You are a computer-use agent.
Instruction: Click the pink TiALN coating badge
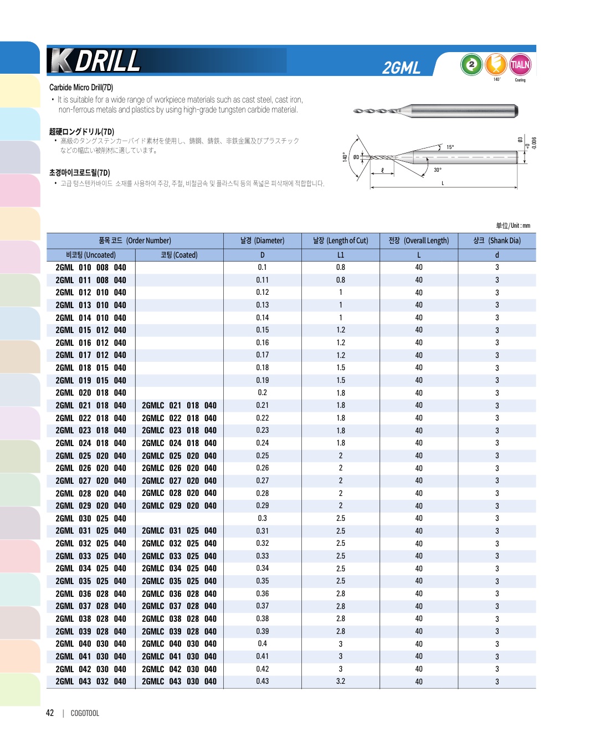pos(520,65)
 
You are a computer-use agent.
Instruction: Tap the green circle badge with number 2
pos(471,64)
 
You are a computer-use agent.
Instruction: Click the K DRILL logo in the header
pos(95,61)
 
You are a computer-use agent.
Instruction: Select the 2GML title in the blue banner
pos(401,68)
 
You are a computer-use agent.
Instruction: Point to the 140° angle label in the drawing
pos(345,157)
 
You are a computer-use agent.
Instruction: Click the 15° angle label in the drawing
pos(450,147)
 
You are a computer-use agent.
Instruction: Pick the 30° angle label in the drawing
pos(437,170)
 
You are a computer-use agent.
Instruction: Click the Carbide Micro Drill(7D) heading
pos(81,88)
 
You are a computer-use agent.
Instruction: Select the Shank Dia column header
pos(496,241)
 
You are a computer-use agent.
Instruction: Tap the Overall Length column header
pos(418,241)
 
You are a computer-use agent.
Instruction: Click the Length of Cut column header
pos(340,241)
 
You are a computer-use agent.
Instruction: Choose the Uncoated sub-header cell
pos(91,255)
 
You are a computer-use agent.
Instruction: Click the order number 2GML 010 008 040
pos(91,268)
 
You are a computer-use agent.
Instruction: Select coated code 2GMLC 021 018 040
pos(179,406)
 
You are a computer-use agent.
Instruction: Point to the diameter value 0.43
pos(262,681)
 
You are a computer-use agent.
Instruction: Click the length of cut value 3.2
pos(340,681)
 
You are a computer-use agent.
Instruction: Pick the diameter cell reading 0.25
pos(262,456)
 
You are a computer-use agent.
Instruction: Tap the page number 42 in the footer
pos(50,713)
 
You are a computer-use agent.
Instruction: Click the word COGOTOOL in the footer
pos(85,713)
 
